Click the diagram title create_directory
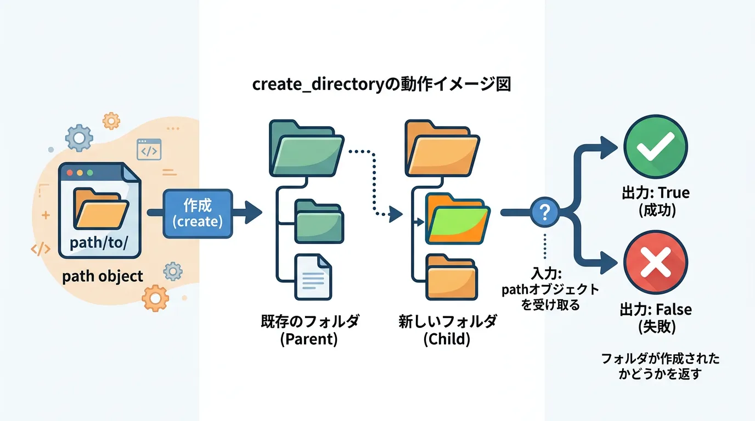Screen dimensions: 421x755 click(381, 85)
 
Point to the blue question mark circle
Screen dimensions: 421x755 click(545, 212)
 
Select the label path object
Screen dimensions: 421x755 click(103, 276)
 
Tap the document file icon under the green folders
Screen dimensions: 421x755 click(313, 276)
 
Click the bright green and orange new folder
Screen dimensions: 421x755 click(457, 218)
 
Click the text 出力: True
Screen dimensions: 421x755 click(656, 193)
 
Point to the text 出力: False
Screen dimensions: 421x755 click(656, 310)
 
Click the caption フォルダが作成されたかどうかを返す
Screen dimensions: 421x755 click(660, 367)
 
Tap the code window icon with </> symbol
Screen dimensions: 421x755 click(149, 150)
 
